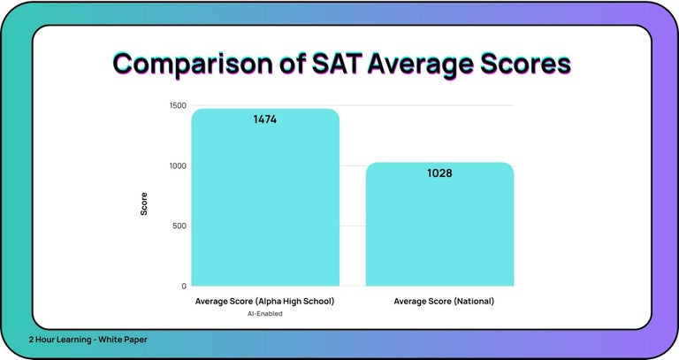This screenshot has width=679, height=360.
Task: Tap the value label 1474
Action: coord(265,119)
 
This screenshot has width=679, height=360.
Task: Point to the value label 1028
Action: coord(439,173)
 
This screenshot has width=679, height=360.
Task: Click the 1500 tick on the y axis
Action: coord(177,105)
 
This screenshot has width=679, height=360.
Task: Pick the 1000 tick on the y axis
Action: coord(177,165)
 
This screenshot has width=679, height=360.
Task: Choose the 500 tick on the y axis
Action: coord(179,226)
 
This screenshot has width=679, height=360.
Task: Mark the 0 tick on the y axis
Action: coord(184,286)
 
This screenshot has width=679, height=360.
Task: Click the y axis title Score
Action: coord(144,204)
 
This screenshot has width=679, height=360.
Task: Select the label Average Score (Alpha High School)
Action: coord(265,302)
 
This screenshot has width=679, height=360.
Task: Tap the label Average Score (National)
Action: coord(444,302)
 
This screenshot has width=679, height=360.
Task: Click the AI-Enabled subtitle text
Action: coord(265,314)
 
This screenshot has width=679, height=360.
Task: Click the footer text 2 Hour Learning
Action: coord(59,340)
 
